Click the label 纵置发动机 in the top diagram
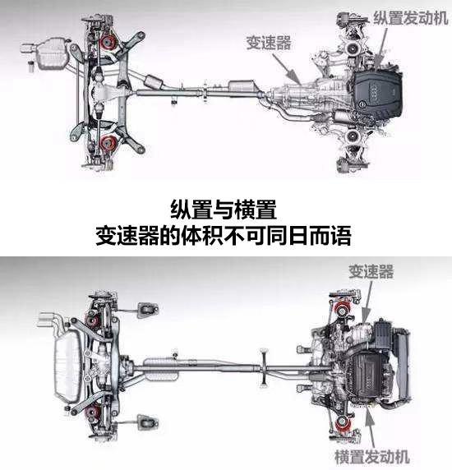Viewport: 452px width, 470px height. [x=411, y=18]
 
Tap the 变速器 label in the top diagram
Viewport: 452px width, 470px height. [x=269, y=43]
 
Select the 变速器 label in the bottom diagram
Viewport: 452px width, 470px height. [x=371, y=272]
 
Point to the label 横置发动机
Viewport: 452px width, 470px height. [x=372, y=457]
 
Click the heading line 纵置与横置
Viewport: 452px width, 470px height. [x=224, y=210]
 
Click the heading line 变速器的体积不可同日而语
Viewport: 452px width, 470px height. [x=224, y=236]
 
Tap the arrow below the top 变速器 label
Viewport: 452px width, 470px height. [x=287, y=68]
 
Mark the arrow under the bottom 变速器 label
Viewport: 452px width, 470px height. [x=368, y=302]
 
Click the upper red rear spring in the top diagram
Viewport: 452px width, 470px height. [x=108, y=43]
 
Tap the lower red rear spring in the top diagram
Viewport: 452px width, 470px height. [x=107, y=143]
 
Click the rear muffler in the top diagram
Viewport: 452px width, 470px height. [x=51, y=53]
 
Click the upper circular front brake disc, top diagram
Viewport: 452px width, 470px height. [x=353, y=48]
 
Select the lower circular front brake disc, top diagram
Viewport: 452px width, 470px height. [x=353, y=136]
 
